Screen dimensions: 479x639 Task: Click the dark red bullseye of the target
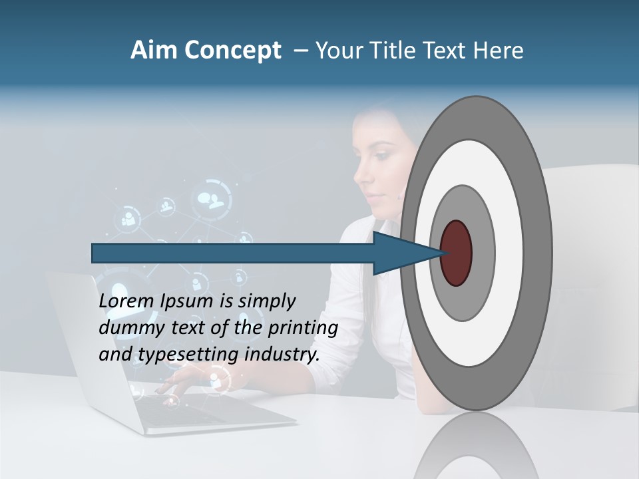click(457, 253)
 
